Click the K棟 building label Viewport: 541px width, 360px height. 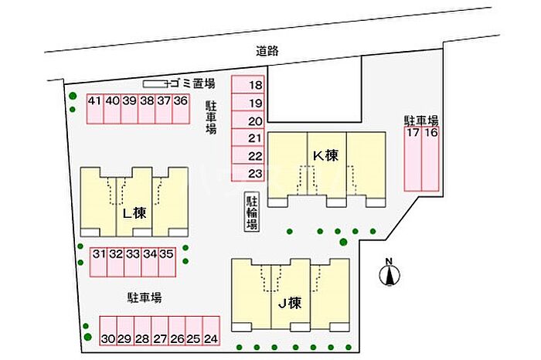[x=325, y=155]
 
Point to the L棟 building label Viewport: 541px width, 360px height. [x=134, y=212]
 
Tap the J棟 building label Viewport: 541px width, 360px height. [x=289, y=302]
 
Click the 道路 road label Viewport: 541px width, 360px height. [x=267, y=51]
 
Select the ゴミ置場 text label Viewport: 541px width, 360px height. [x=194, y=83]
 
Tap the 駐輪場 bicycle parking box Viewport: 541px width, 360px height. [x=252, y=211]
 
